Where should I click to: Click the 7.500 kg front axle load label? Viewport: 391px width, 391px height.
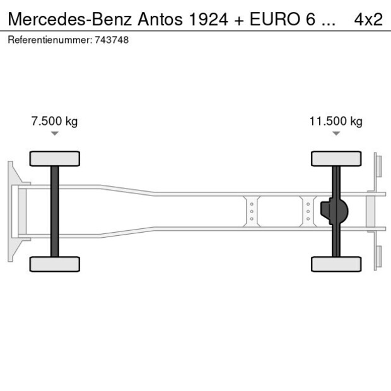point(54,122)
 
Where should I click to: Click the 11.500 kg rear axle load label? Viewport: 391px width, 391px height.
point(336,122)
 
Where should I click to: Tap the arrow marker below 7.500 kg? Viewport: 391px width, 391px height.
point(55,134)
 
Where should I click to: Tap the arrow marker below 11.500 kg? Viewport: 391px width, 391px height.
point(336,134)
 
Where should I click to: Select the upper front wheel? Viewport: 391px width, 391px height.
point(55,158)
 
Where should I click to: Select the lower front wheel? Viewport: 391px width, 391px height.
point(55,264)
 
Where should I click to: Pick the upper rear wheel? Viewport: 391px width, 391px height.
point(336,158)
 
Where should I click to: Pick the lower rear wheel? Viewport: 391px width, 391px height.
point(336,264)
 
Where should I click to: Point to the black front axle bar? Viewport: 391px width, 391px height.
point(55,211)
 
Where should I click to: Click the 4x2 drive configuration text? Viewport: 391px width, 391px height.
point(368,20)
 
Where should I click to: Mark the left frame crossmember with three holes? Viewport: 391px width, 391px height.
point(252,211)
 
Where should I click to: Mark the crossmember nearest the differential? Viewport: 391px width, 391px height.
point(308,211)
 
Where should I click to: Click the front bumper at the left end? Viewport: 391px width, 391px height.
point(11,211)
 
